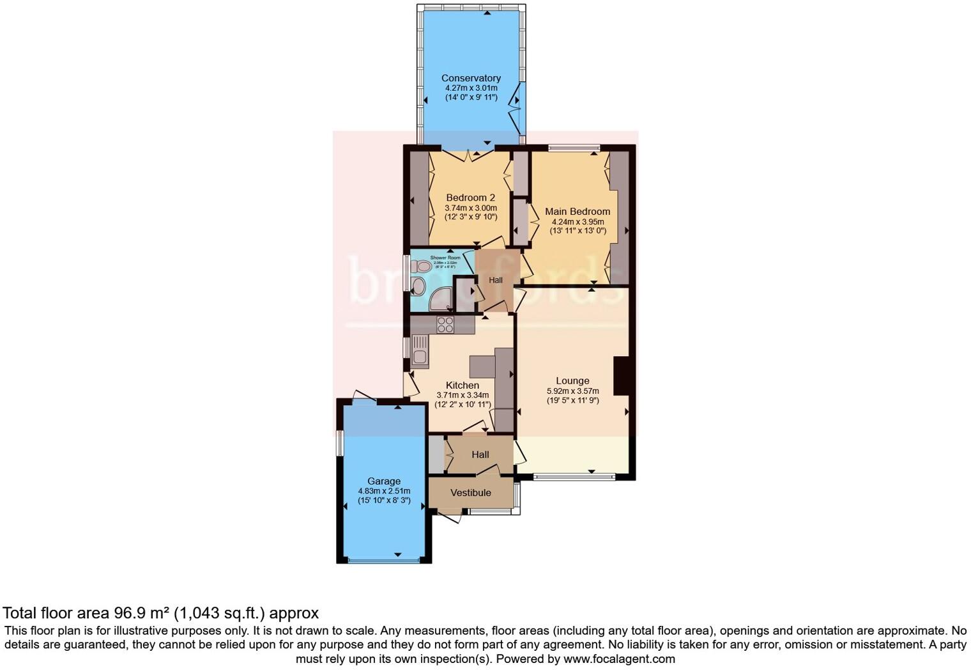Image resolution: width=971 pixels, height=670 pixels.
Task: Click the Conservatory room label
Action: (x=471, y=78)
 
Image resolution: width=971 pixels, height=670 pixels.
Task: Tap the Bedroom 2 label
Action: (x=470, y=198)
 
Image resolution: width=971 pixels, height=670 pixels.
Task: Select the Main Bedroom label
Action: (x=577, y=211)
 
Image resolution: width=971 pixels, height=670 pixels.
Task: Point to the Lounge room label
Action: (x=572, y=380)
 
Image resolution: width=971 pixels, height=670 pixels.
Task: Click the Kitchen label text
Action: (x=462, y=385)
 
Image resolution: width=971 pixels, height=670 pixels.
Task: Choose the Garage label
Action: (x=384, y=481)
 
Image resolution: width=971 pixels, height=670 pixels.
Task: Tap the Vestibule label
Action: (x=471, y=492)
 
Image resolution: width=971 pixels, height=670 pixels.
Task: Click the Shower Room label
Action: (x=445, y=258)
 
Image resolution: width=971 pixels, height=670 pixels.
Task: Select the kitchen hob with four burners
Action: (x=445, y=325)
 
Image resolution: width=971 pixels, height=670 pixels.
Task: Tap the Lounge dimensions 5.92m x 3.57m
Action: (x=572, y=391)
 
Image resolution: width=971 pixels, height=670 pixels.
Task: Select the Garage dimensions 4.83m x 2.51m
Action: (x=384, y=491)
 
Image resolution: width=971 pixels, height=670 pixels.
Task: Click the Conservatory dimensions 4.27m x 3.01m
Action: (x=471, y=88)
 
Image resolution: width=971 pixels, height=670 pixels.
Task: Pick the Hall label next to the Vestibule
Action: (x=480, y=455)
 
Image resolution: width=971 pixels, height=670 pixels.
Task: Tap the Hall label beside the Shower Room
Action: (x=496, y=280)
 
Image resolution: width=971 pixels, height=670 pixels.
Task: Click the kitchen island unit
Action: (x=482, y=366)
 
